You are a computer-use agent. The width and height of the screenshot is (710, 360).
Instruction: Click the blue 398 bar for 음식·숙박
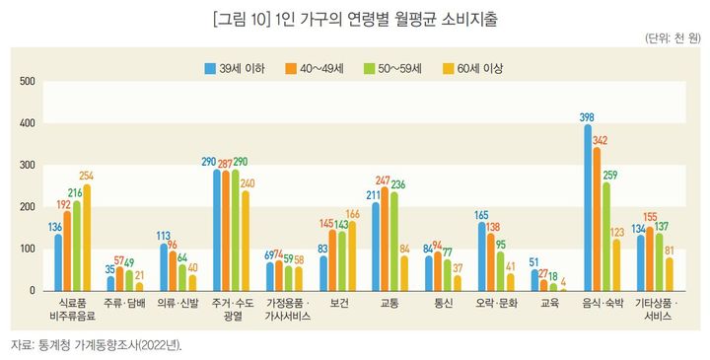[588, 208]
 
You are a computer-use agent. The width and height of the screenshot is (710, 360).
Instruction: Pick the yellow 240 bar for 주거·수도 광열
[246, 241]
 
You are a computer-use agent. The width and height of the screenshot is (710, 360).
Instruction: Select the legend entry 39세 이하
[236, 68]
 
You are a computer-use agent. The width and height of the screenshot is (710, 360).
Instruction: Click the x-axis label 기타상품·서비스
[651, 309]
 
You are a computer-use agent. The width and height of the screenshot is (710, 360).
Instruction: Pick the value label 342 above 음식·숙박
[599, 139]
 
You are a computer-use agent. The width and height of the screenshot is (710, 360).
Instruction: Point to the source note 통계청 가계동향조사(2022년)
[108, 345]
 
